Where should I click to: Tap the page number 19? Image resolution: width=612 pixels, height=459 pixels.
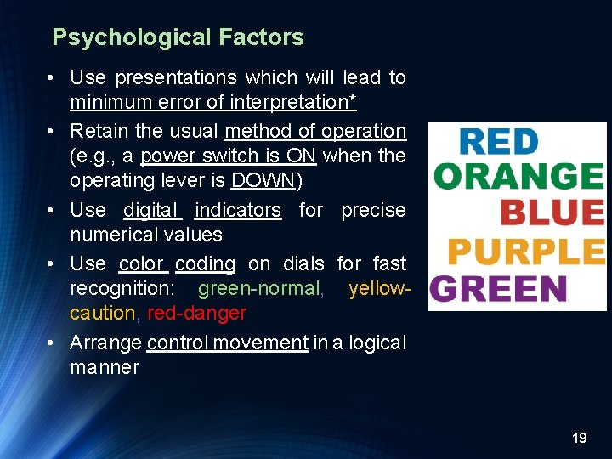click(580, 438)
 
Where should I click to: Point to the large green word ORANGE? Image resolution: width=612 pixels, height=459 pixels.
click(518, 177)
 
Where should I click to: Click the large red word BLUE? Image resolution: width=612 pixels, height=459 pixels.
click(552, 213)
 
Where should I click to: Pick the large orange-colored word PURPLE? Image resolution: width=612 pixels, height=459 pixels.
click(525, 252)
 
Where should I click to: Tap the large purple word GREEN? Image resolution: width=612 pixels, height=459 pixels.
click(498, 289)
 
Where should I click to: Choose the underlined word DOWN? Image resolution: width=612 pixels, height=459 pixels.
click(262, 181)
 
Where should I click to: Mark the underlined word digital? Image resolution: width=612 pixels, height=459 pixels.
click(152, 210)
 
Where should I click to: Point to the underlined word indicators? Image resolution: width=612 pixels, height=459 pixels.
click(237, 210)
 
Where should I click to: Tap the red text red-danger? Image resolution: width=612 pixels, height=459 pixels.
click(196, 314)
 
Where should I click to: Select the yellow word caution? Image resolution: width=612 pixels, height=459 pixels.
click(103, 314)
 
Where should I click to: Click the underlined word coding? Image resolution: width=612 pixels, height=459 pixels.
click(205, 264)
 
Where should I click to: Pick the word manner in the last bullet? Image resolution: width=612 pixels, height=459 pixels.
click(104, 368)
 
